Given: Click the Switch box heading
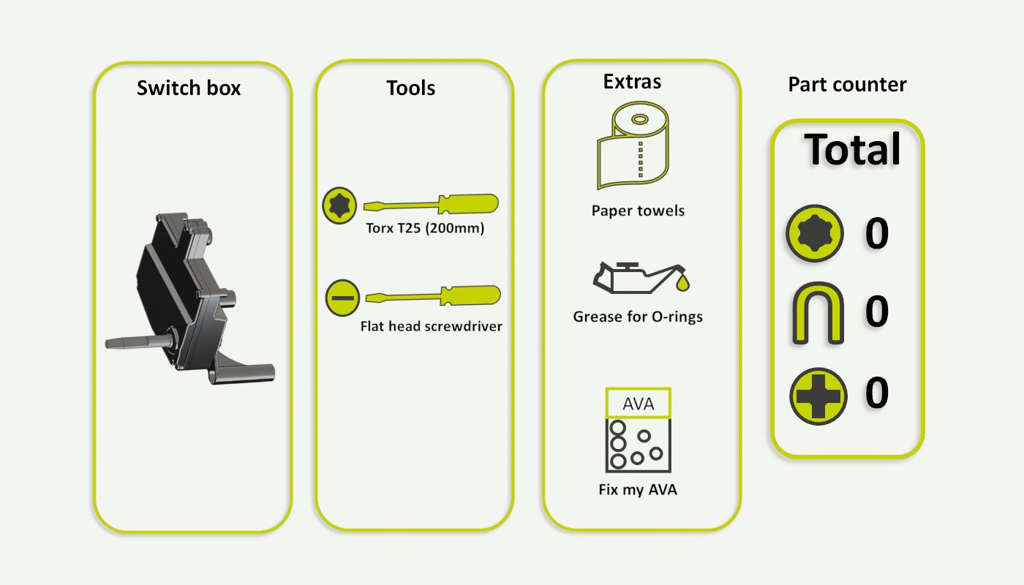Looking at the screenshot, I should (189, 88).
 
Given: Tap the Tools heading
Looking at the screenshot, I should (411, 88).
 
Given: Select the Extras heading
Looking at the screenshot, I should (632, 82).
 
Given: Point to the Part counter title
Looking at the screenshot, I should (847, 85).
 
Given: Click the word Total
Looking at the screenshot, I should (852, 150).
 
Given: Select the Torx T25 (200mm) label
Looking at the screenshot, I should (426, 228).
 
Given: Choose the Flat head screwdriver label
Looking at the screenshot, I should (432, 326).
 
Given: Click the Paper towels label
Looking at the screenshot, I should (638, 211).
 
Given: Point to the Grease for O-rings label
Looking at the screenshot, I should (638, 317).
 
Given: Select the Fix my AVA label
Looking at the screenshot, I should (638, 490).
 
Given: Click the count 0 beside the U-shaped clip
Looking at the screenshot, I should (877, 312).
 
